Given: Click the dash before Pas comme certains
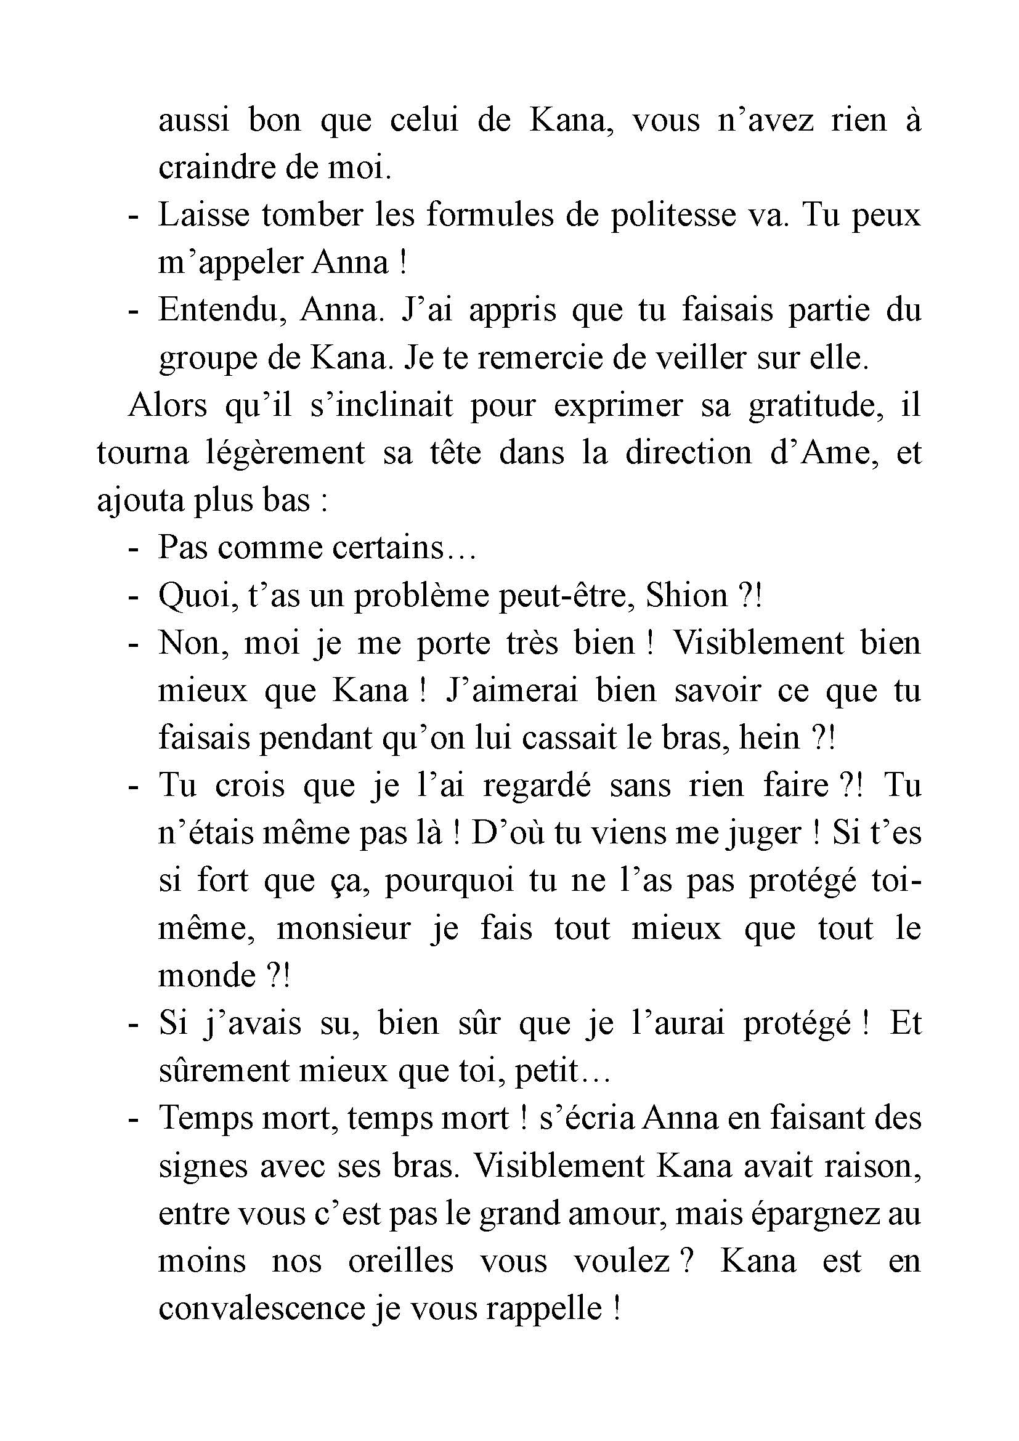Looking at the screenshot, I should pyautogui.click(x=132, y=548).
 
